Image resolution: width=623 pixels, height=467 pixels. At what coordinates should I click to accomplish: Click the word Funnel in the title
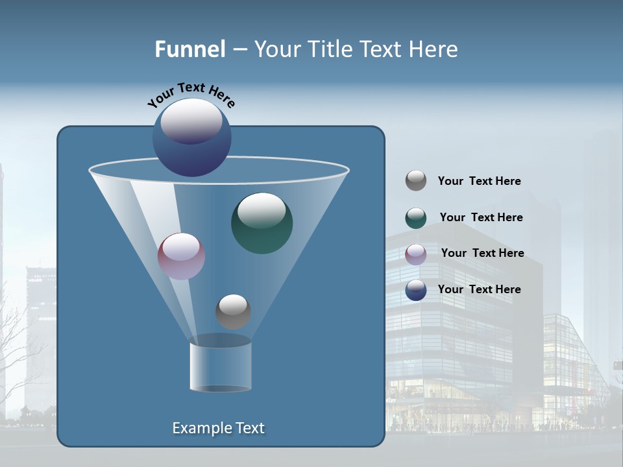(x=190, y=49)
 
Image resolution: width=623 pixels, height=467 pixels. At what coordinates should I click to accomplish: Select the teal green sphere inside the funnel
(x=262, y=224)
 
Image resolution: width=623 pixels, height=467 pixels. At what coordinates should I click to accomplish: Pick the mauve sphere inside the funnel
(x=181, y=256)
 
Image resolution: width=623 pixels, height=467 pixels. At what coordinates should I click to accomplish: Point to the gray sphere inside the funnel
(x=233, y=311)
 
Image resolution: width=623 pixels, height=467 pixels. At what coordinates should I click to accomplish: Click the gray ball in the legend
(x=416, y=181)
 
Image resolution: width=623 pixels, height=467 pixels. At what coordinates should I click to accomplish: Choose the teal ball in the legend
(x=416, y=218)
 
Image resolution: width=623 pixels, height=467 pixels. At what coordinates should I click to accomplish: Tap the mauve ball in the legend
(x=416, y=254)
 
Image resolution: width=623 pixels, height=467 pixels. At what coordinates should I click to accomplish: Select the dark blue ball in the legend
(x=416, y=290)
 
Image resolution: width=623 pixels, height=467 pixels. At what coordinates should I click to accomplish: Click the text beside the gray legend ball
(x=479, y=182)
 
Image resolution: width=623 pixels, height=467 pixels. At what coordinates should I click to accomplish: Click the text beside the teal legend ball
(x=481, y=218)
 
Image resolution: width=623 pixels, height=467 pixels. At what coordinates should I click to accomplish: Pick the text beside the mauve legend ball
(x=482, y=254)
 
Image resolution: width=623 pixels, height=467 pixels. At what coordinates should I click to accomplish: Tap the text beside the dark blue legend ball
(x=479, y=290)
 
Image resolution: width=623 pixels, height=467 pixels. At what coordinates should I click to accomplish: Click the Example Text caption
(x=218, y=428)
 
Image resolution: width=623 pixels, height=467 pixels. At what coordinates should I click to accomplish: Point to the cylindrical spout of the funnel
(x=221, y=366)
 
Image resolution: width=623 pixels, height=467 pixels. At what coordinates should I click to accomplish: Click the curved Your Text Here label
(x=191, y=95)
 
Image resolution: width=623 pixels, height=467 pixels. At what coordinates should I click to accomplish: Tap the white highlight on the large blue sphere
(x=191, y=121)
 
